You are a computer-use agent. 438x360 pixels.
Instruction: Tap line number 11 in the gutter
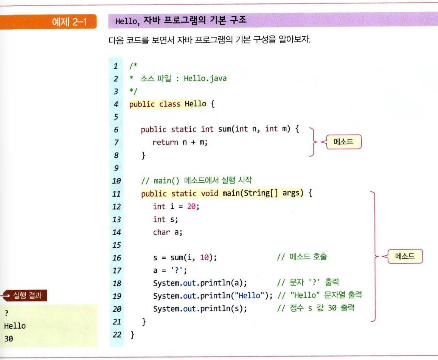pos(116,194)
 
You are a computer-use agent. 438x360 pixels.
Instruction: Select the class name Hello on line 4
pos(196,104)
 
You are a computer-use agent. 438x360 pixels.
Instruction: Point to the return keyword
pos(165,142)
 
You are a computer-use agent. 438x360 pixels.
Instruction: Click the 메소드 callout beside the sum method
pos(343,142)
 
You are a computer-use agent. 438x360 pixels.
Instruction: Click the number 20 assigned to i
pos(192,206)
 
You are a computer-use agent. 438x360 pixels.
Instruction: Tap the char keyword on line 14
pos(161,232)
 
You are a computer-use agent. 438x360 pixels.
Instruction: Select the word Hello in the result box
pos(15,325)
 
